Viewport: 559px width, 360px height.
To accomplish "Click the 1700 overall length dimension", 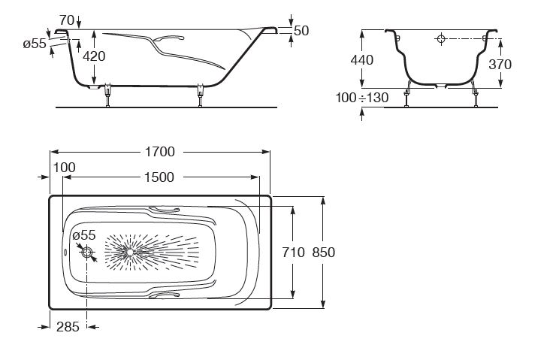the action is [160, 152].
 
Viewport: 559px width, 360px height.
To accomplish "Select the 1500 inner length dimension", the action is [159, 177].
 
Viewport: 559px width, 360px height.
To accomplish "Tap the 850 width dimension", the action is [324, 253].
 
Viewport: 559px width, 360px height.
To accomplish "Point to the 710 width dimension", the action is [294, 253].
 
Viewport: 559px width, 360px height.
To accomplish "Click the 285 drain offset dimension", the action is [68, 326].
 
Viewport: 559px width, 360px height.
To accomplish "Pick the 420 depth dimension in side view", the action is [94, 56].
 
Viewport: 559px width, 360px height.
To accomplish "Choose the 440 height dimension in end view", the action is [362, 60].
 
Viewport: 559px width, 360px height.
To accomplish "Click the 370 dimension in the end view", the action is [500, 65].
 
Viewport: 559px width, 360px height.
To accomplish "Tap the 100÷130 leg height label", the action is [362, 97].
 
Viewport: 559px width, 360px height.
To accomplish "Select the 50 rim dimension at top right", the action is [301, 31].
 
